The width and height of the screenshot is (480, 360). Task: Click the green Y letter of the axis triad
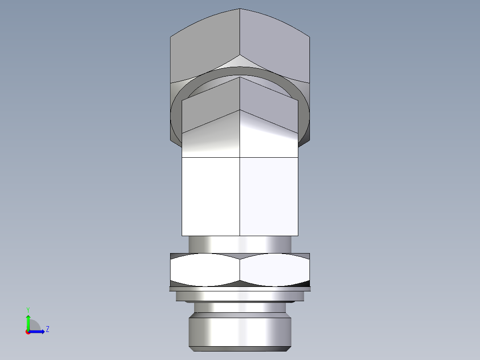tap(28, 309)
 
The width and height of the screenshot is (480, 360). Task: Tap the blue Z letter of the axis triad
tap(47, 329)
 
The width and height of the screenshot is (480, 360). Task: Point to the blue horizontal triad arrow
tap(38, 331)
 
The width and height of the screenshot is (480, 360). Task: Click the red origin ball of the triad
tap(28, 332)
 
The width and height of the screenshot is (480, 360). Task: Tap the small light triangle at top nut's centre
tap(240, 61)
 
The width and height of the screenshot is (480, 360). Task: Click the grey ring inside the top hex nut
tap(240, 72)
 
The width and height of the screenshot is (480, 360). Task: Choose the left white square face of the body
tap(211, 196)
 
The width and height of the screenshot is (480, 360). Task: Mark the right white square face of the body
tap(269, 196)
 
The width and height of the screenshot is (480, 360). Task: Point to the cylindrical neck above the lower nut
tap(240, 244)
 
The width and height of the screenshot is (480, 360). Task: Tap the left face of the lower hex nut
tap(205, 270)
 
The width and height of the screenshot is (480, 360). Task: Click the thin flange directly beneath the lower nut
tap(240, 289)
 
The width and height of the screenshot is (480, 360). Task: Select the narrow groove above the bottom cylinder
tap(240, 307)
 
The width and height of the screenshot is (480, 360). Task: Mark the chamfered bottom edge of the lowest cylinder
tap(240, 348)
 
